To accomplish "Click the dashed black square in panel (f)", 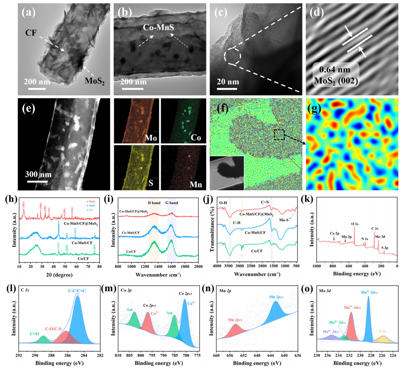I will coord(279,135).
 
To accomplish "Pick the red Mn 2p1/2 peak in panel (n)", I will coord(234,333).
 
